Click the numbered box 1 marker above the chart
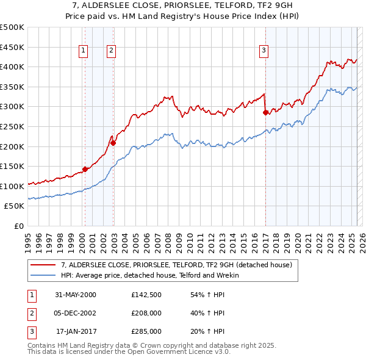click(82, 51)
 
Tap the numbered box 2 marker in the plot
click(112, 51)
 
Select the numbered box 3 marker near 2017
click(264, 51)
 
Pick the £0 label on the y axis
click(20, 226)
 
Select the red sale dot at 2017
click(265, 112)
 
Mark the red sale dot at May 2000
click(85, 169)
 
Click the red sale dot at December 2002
click(113, 143)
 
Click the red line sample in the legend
click(43, 265)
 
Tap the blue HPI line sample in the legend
click(43, 275)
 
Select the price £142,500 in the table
click(146, 295)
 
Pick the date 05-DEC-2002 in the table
click(75, 313)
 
